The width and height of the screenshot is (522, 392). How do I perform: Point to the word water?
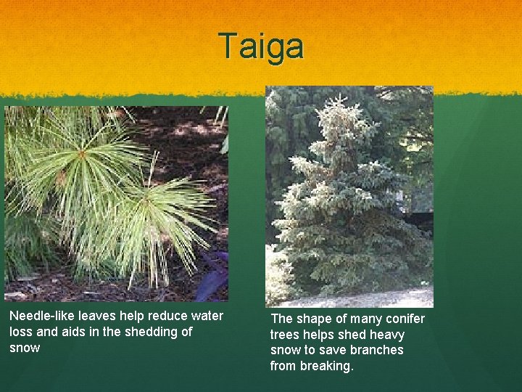207,316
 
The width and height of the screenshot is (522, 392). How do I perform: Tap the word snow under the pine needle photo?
25,348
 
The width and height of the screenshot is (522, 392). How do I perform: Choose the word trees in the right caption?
286,335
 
